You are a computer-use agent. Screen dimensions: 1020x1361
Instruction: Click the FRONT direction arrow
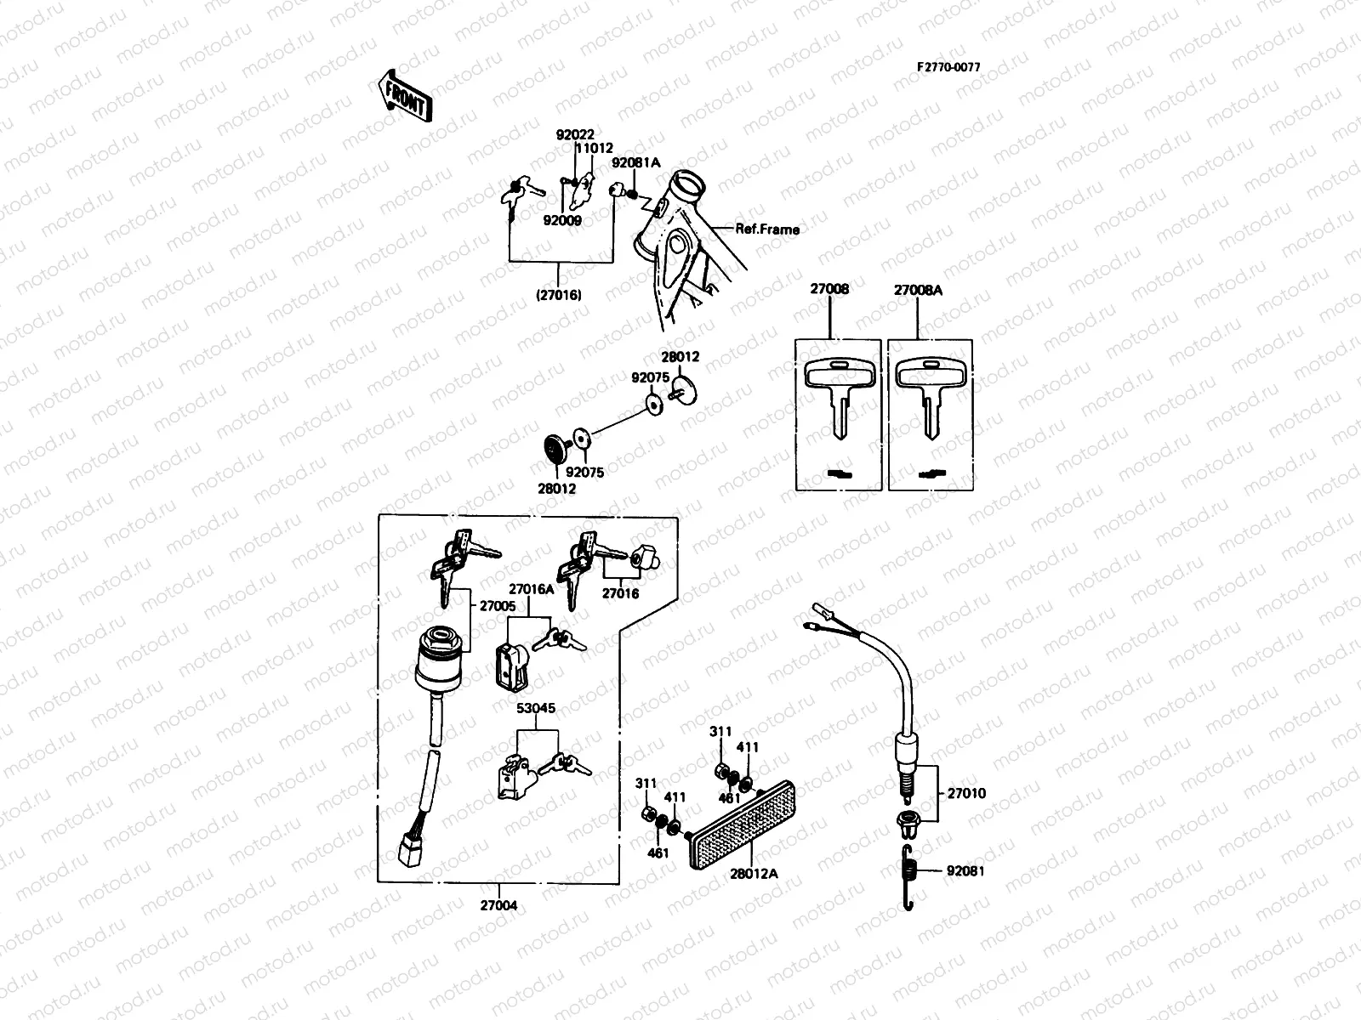(404, 95)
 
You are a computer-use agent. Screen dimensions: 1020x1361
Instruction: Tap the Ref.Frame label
(767, 229)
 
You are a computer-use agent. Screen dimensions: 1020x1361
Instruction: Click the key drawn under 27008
(838, 392)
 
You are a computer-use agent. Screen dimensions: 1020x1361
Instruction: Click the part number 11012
(595, 148)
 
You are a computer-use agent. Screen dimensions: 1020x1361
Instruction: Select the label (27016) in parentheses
(558, 296)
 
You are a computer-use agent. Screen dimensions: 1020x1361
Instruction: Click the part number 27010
(967, 793)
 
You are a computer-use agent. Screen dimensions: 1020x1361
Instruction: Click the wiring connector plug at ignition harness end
(405, 847)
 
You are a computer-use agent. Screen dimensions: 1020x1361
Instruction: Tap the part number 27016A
(531, 588)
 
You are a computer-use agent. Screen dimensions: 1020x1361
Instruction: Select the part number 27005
(498, 606)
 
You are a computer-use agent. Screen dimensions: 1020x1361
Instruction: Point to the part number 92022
(575, 135)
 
